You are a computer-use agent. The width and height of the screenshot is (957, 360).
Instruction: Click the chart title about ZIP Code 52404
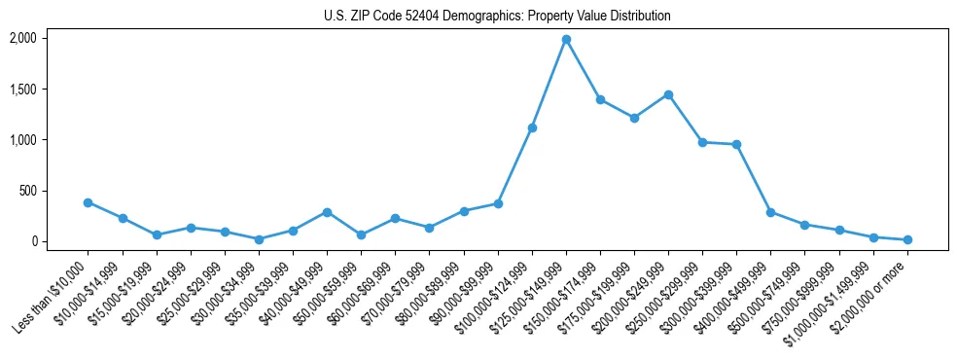click(497, 17)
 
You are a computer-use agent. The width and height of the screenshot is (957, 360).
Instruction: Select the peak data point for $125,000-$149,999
click(566, 39)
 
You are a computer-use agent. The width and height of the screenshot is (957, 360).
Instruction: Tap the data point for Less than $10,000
click(88, 202)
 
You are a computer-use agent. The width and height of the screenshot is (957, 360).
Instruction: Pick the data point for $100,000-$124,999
click(532, 127)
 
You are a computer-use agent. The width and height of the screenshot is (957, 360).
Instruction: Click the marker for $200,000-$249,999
click(668, 94)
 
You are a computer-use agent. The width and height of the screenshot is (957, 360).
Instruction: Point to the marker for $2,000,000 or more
click(907, 239)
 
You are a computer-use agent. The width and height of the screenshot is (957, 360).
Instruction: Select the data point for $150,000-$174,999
click(600, 99)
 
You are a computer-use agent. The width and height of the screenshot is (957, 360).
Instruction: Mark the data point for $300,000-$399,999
click(736, 144)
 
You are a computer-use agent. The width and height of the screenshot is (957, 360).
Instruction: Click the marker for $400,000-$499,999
click(770, 212)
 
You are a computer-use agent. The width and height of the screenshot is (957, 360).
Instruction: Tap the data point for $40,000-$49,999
click(327, 212)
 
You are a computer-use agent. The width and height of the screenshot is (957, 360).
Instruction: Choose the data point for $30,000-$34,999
click(259, 239)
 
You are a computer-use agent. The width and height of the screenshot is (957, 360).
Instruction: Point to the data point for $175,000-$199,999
click(634, 118)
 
